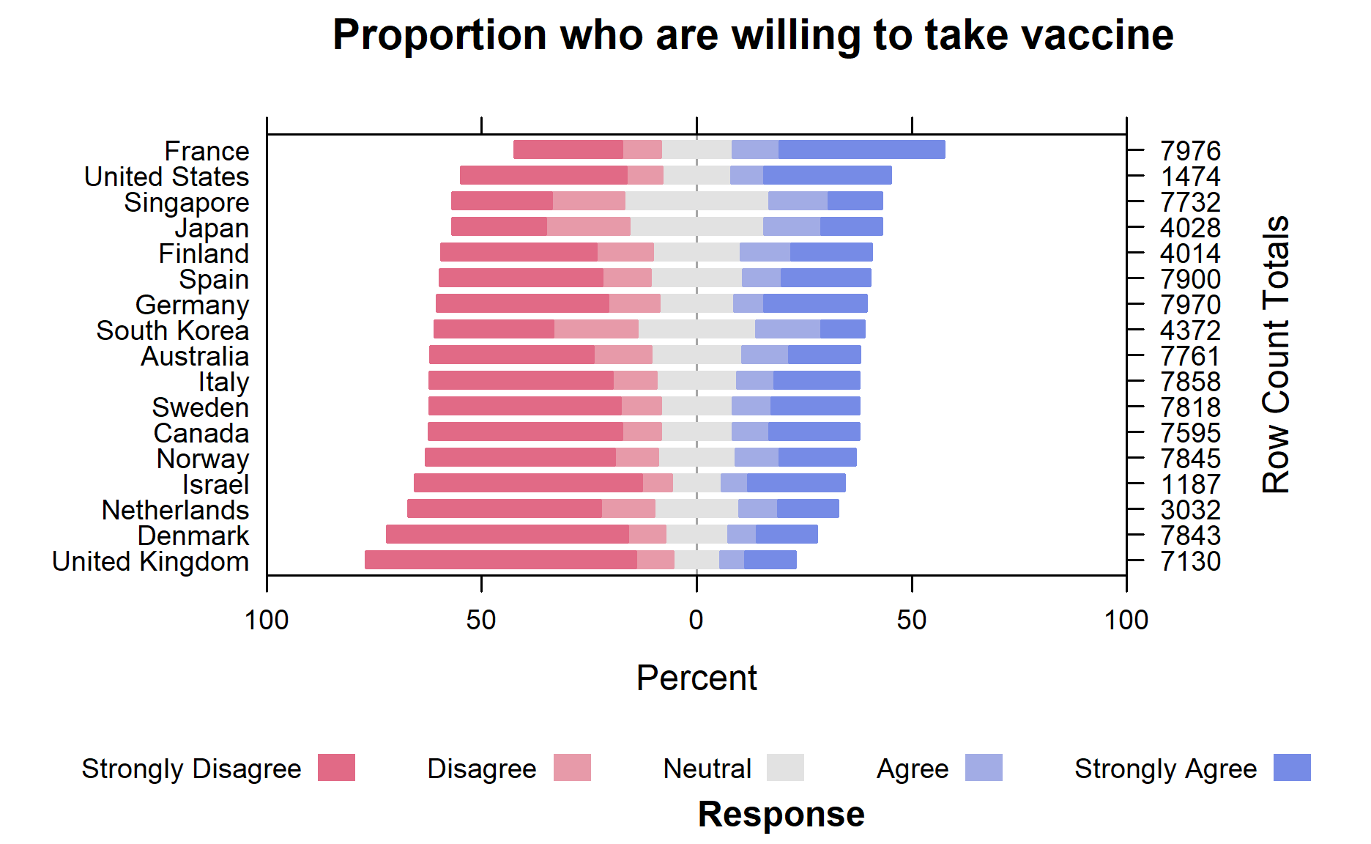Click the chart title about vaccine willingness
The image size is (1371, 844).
click(752, 35)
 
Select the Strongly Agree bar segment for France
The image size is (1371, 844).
click(861, 149)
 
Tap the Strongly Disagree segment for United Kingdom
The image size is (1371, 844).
click(501, 560)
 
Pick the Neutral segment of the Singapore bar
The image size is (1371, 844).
click(696, 201)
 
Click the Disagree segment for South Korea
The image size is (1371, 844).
click(596, 329)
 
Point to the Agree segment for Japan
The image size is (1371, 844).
click(791, 226)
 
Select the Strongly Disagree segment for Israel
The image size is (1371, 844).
click(528, 483)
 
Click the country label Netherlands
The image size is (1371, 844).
click(175, 510)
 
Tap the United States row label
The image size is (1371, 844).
click(166, 177)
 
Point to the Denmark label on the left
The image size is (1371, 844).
click(193, 536)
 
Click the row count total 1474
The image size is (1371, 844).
click(1190, 177)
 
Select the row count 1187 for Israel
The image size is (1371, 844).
click(1190, 484)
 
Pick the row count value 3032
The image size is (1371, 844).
click(1190, 510)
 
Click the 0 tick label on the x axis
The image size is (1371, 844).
click(696, 621)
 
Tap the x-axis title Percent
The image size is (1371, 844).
click(696, 678)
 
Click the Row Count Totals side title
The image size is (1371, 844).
click(1276, 355)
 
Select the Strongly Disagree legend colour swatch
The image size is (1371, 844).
click(336, 768)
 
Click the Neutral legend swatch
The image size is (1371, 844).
click(785, 768)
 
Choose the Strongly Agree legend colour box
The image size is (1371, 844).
click(1292, 768)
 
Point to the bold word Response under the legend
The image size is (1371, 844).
click(781, 814)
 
